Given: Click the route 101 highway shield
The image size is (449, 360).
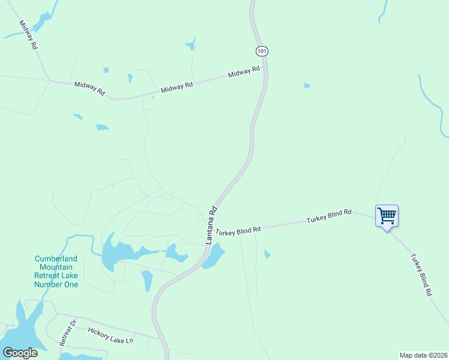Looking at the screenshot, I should pyautogui.click(x=261, y=51).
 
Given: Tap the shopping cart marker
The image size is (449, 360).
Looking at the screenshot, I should pyautogui.click(x=387, y=215).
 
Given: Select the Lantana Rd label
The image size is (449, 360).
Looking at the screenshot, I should pyautogui.click(x=211, y=225).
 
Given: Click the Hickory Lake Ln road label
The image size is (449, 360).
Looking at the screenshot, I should pyautogui.click(x=110, y=335).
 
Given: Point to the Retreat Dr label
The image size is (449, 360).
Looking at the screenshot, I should pyautogui.click(x=67, y=332).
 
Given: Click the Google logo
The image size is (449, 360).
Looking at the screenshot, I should pyautogui.click(x=20, y=353).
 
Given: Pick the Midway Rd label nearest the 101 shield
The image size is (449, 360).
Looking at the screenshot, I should pyautogui.click(x=244, y=73).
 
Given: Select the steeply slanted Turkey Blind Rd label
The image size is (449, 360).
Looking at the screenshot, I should pyautogui.click(x=421, y=275).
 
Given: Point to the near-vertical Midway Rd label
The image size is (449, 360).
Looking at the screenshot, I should pyautogui.click(x=28, y=35).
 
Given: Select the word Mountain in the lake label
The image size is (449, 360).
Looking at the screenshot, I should pyautogui.click(x=56, y=268).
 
